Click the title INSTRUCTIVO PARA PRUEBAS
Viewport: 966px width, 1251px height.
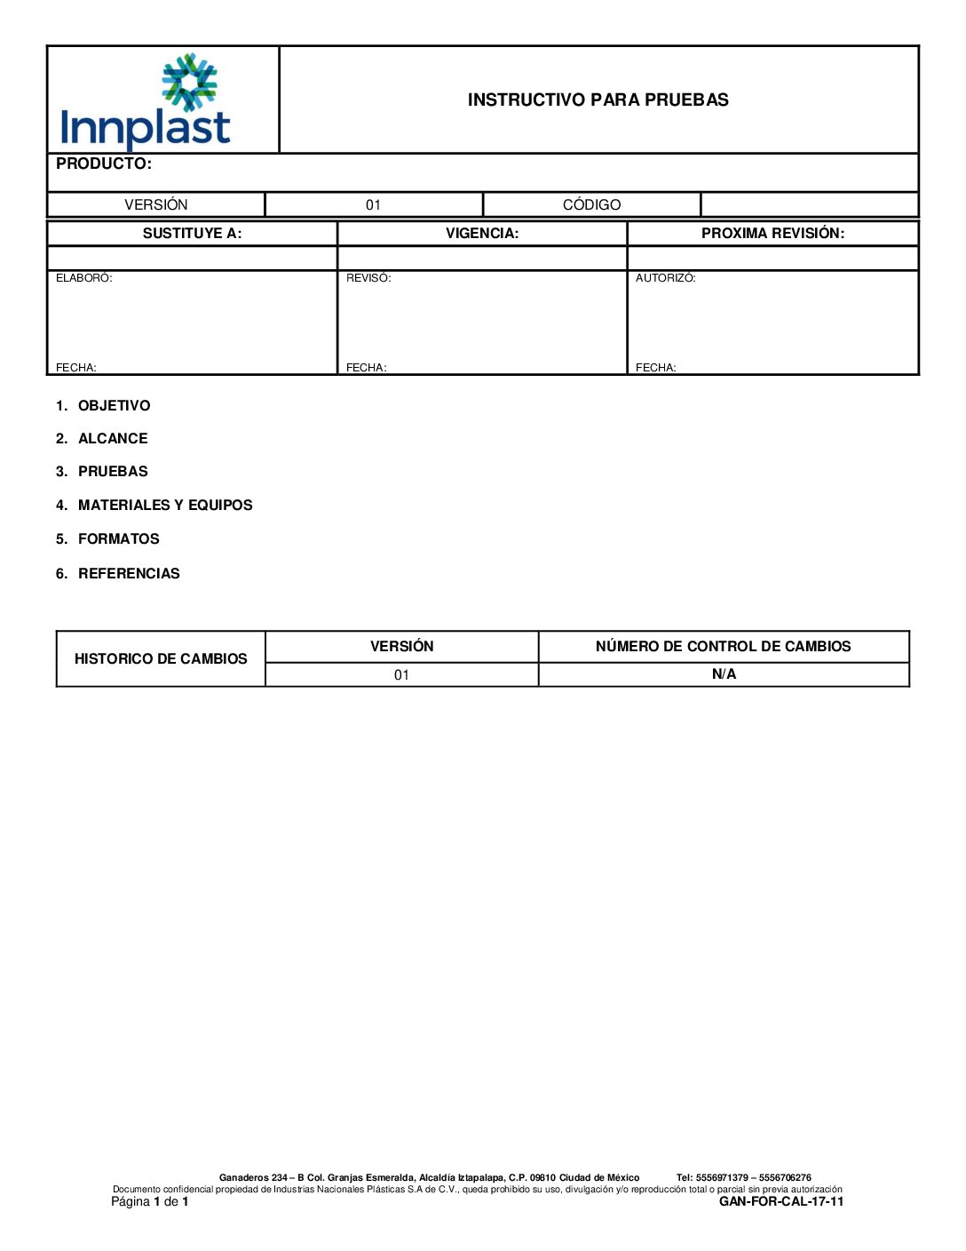coord(598,100)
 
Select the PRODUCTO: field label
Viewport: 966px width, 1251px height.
coord(104,164)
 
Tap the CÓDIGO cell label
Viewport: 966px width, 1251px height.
coord(591,205)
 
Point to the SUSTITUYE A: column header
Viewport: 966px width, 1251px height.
coord(192,234)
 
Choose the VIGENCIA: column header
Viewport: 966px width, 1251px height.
coord(482,234)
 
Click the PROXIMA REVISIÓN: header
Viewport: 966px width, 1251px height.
coord(772,234)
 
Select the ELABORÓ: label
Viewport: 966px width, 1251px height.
coord(84,278)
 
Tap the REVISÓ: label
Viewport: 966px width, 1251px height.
coord(368,278)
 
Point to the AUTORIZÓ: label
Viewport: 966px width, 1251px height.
coord(665,278)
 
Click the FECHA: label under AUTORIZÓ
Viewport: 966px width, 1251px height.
coord(656,368)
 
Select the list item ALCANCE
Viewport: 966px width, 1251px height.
coord(113,439)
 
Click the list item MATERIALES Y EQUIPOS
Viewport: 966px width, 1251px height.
coord(165,506)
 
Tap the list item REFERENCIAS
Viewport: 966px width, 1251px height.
coord(129,574)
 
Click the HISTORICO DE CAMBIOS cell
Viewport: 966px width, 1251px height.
coord(161,659)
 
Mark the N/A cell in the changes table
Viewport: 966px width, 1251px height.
coord(724,674)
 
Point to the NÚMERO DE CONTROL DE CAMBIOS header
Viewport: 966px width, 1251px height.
coord(723,647)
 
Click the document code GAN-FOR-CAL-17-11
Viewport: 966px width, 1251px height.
coord(781,1202)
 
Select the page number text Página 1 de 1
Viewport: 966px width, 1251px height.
coord(150,1202)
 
